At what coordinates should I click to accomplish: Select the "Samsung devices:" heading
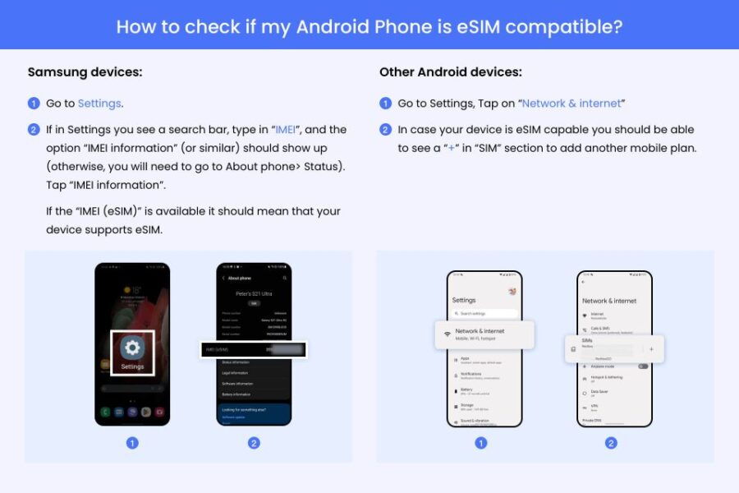pyautogui.click(x=85, y=72)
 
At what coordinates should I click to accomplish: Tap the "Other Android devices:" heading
pyautogui.click(x=450, y=72)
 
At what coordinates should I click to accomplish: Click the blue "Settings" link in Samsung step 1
pyautogui.click(x=99, y=104)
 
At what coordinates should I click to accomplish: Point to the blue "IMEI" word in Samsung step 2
pyautogui.click(x=285, y=130)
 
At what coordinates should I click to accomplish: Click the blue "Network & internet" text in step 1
pyautogui.click(x=571, y=104)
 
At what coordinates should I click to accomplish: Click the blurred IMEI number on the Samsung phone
pyautogui.click(x=284, y=350)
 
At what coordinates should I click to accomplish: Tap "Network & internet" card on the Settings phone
pyautogui.click(x=484, y=334)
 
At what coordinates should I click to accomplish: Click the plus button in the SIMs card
pyautogui.click(x=651, y=349)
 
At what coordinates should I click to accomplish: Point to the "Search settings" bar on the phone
pyautogui.click(x=484, y=314)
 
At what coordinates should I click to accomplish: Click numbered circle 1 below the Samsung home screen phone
pyautogui.click(x=132, y=443)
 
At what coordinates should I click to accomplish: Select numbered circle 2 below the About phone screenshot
pyautogui.click(x=254, y=443)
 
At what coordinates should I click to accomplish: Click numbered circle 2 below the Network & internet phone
pyautogui.click(x=611, y=443)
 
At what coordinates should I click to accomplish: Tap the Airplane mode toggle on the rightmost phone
pyautogui.click(x=642, y=366)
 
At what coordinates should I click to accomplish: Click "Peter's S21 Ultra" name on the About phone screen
pyautogui.click(x=254, y=293)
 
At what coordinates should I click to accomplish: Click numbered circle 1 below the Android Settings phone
pyautogui.click(x=481, y=443)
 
